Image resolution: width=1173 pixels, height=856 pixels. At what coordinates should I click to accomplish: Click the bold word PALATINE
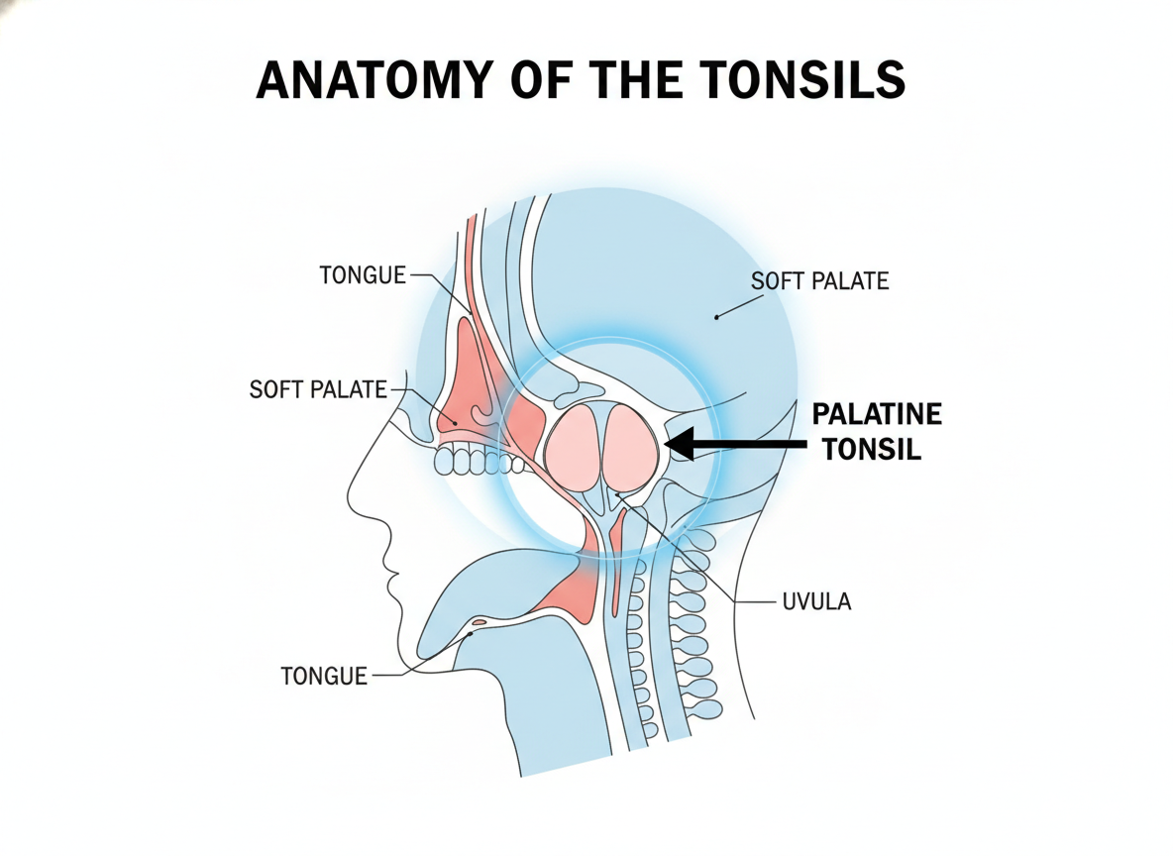pyautogui.click(x=877, y=414)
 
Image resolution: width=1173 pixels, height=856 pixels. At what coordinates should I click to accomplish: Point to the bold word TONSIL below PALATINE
pyautogui.click(x=872, y=450)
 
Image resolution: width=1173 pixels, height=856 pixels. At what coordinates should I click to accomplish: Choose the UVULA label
pyautogui.click(x=816, y=601)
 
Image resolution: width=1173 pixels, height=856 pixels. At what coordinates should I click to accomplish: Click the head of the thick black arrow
pyautogui.click(x=679, y=444)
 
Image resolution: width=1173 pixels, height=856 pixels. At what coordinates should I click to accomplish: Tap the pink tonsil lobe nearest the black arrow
pyautogui.click(x=631, y=447)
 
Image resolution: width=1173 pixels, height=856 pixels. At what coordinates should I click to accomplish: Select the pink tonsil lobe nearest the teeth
pyautogui.click(x=573, y=448)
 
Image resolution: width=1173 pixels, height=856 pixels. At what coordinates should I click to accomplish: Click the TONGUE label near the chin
pyautogui.click(x=324, y=677)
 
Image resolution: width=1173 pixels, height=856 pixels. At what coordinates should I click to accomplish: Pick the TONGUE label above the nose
pyautogui.click(x=363, y=275)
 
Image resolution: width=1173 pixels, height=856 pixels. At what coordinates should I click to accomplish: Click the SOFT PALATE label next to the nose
pyautogui.click(x=318, y=389)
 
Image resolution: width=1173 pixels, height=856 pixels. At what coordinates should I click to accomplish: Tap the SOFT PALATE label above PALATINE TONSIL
pyautogui.click(x=820, y=281)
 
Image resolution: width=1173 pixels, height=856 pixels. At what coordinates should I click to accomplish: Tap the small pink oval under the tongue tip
pyautogui.click(x=479, y=621)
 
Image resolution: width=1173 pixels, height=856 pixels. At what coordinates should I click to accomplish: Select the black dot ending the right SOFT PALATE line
pyautogui.click(x=716, y=317)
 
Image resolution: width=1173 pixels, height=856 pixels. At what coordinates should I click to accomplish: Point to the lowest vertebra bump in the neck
pyautogui.click(x=649, y=729)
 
